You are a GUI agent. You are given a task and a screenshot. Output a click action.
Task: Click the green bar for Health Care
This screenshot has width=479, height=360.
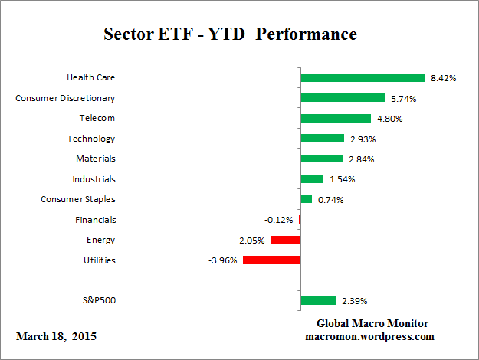click(363, 77)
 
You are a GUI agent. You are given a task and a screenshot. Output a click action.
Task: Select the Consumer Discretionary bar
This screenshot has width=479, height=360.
click(343, 98)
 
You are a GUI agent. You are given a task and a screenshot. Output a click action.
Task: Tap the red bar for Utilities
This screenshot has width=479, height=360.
click(271, 260)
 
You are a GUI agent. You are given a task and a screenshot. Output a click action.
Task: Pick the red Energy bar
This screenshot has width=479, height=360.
click(285, 240)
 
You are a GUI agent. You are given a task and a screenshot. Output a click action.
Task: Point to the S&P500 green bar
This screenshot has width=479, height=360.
click(318, 300)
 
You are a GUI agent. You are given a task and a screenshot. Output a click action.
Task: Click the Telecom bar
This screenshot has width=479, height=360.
click(336, 118)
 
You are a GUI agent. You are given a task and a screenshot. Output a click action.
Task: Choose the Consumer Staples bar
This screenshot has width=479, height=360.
click(307, 199)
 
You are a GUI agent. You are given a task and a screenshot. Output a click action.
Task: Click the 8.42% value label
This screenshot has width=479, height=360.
click(444, 77)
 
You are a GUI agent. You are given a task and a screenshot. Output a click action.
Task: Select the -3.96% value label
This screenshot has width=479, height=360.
click(222, 260)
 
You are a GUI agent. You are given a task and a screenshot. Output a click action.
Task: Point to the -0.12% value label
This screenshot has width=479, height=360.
click(279, 220)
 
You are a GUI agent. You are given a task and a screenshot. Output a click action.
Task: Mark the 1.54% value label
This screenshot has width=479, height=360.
click(341, 179)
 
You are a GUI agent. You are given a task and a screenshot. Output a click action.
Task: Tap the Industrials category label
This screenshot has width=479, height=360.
click(94, 179)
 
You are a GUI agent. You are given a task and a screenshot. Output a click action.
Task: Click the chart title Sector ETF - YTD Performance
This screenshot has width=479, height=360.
click(230, 34)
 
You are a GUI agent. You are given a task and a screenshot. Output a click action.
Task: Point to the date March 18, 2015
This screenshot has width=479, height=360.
click(56, 336)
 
